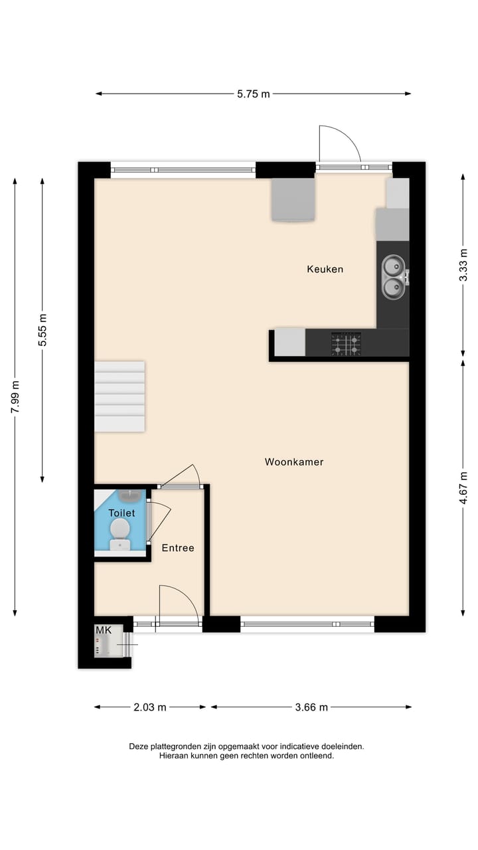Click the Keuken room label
pos(325,269)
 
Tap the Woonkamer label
pos(294,462)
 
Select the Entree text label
pos(178,548)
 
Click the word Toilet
pos(121,513)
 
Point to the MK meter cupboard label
pos(104,630)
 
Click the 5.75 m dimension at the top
pos(254,94)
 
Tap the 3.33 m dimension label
pos(463,265)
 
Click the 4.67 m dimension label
pos(463,488)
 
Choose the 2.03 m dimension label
pos(150,707)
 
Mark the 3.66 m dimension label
pos(311,707)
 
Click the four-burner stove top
pos(346,344)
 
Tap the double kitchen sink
pos(392,276)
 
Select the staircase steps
pos(119,396)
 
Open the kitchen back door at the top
pos(339,146)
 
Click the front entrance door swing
pos(178,604)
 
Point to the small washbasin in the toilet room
pos(129,495)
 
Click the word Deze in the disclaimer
pos(140,746)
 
